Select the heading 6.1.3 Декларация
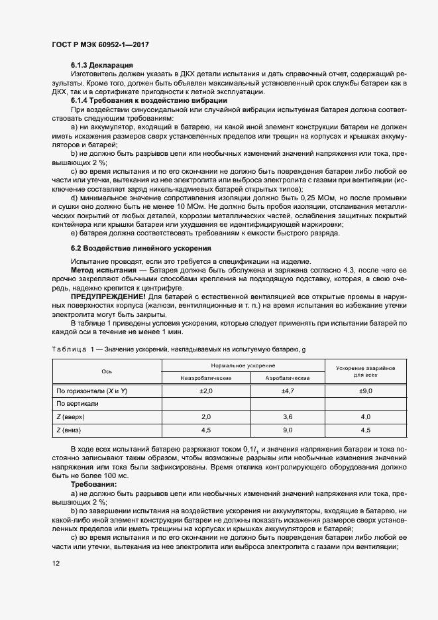(102, 66)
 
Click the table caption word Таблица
(69, 348)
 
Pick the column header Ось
(107, 371)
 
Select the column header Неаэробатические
(205, 377)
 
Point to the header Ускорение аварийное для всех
(365, 371)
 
